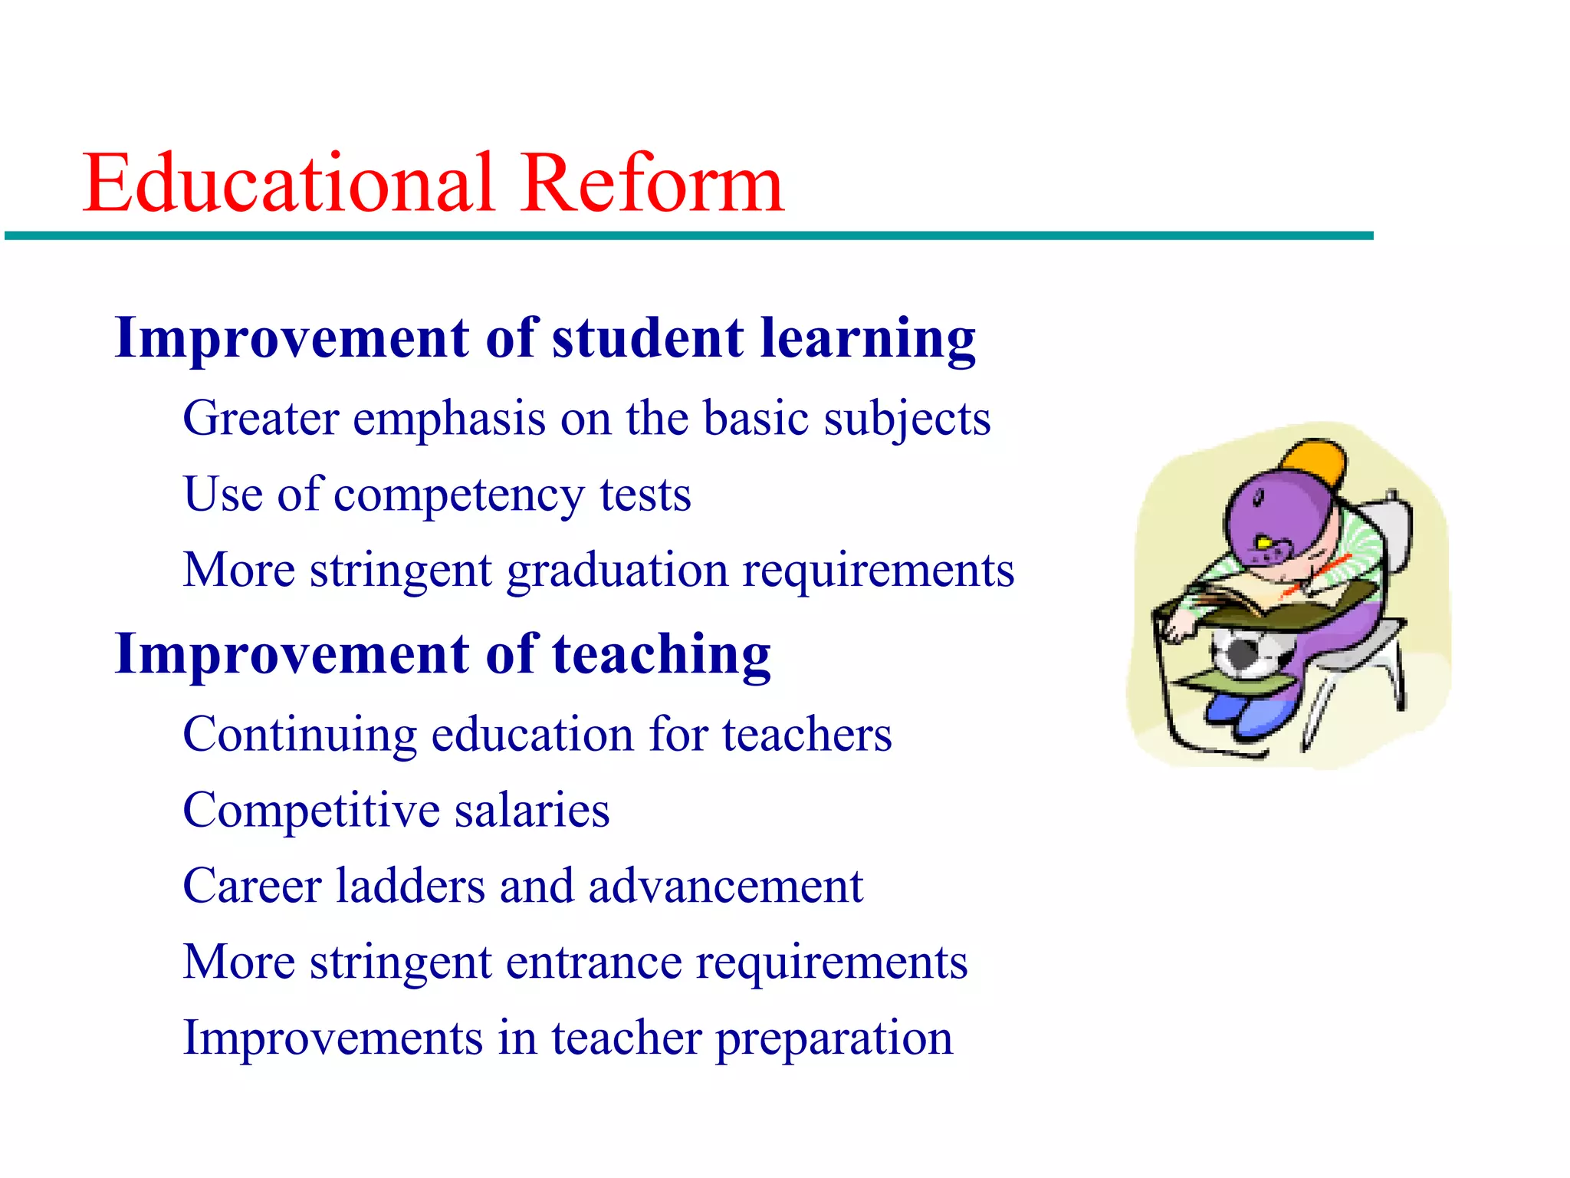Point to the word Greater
(x=261, y=419)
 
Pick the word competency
(x=458, y=495)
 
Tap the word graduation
(x=617, y=571)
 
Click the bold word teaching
(x=661, y=655)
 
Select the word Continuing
(x=300, y=735)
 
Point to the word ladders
(x=410, y=886)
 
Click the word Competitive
(x=310, y=811)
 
